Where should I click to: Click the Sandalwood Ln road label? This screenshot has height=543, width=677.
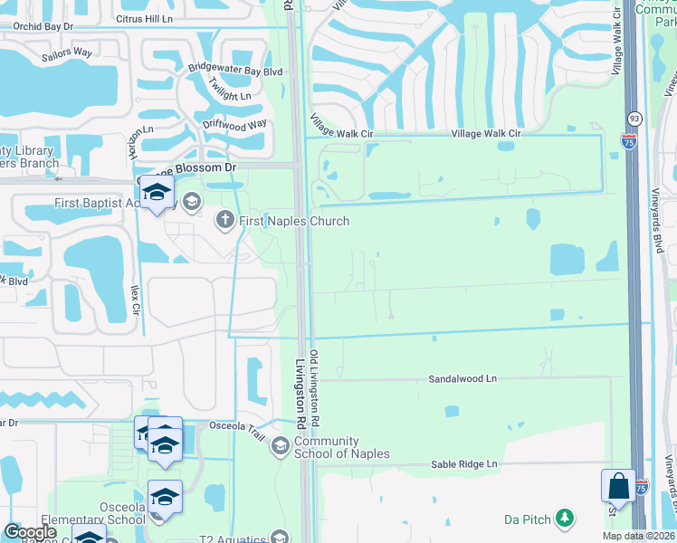pos(463,378)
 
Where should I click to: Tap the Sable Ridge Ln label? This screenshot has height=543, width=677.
pos(464,464)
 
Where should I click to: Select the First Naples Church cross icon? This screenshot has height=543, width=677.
pos(224,219)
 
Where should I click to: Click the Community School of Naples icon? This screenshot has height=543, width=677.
pos(281,443)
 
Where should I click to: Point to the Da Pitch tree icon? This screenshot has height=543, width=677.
pos(566,518)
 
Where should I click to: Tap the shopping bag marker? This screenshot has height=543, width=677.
pos(618,485)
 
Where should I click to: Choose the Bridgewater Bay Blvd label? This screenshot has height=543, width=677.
pos(235,69)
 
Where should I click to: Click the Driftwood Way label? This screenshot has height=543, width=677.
pos(234,124)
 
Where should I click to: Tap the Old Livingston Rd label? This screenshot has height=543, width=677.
pos(314,389)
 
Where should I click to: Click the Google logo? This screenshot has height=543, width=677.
pos(32,532)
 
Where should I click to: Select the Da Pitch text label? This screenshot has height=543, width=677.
pos(526,519)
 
